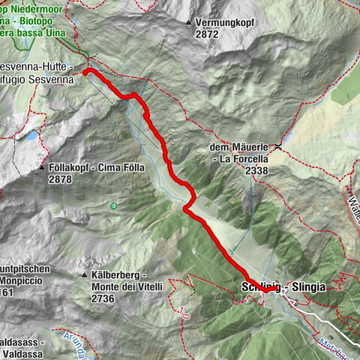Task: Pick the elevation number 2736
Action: pyautogui.click(x=106, y=298)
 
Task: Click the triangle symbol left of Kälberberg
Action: pyautogui.click(x=85, y=276)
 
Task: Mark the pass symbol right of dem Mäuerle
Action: pyautogui.click(x=279, y=144)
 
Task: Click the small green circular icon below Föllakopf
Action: pyautogui.click(x=113, y=205)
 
